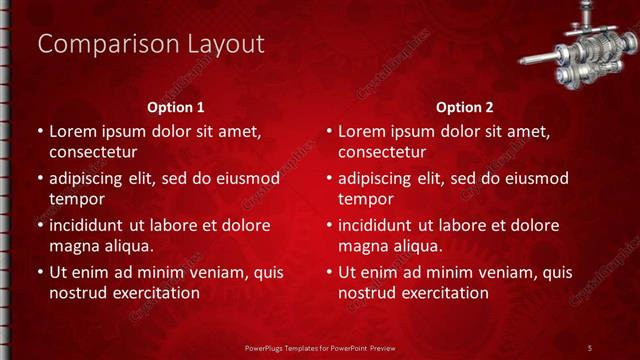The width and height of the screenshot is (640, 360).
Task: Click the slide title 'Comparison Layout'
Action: (x=150, y=44)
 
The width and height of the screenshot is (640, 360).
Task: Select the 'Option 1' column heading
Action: (x=176, y=106)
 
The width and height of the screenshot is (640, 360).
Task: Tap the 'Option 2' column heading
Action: (x=465, y=106)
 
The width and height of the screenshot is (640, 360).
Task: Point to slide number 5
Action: (x=590, y=347)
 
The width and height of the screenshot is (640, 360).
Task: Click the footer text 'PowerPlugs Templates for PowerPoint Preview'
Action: (x=319, y=347)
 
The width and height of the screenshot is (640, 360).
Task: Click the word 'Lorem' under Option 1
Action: (x=73, y=131)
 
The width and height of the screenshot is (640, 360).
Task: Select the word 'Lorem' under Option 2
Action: (x=362, y=131)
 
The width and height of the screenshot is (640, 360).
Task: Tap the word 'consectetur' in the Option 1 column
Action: (x=93, y=152)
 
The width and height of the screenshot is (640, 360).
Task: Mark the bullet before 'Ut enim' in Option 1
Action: (x=39, y=272)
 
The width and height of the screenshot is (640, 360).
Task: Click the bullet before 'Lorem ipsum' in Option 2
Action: (x=328, y=131)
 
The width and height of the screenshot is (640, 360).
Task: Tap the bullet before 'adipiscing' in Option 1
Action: (x=39, y=179)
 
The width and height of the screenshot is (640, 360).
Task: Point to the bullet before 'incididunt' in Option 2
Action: (x=328, y=225)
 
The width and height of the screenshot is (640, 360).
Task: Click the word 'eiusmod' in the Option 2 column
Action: (x=537, y=179)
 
